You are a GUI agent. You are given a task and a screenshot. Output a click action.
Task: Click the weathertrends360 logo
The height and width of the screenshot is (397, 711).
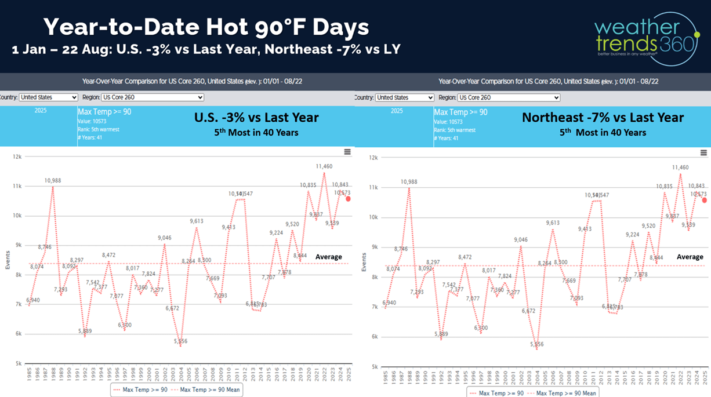[646, 38]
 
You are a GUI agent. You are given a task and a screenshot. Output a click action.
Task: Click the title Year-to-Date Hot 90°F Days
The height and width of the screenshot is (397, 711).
[206, 27]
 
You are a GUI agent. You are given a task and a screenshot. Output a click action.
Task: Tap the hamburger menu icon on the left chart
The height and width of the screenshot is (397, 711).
[347, 152]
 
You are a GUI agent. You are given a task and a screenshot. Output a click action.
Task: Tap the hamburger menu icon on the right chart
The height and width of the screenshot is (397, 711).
[703, 153]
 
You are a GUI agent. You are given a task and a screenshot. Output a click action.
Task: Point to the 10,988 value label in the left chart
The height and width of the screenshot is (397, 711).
[53, 181]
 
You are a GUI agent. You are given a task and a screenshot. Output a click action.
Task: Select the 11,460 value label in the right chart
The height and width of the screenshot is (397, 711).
[680, 167]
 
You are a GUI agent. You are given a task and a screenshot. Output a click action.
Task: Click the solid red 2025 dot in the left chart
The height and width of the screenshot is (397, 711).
[348, 198]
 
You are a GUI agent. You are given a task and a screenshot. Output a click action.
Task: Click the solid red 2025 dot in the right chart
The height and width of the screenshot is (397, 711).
[705, 200]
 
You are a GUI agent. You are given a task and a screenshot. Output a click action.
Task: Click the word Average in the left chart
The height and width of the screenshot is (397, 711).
[328, 257]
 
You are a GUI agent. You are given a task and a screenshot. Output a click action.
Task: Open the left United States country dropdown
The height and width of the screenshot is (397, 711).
[48, 97]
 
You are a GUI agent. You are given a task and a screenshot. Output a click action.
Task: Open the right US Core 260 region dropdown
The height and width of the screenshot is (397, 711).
[509, 97]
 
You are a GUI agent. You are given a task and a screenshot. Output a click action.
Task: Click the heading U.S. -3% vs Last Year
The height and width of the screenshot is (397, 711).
[256, 118]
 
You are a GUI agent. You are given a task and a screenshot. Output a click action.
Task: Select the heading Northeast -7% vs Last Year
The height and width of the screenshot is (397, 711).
[603, 118]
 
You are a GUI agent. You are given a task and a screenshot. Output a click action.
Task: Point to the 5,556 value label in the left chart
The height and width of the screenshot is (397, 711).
[180, 341]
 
